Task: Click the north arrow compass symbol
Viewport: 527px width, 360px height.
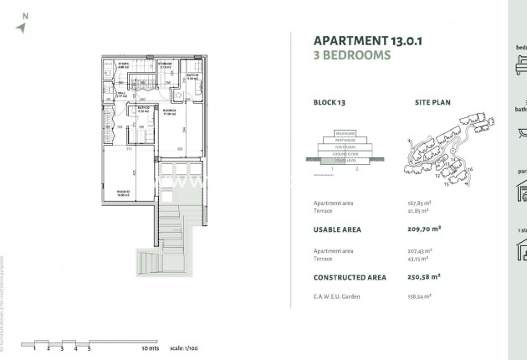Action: click(x=22, y=27)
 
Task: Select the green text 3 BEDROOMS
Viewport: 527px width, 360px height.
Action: click(x=351, y=56)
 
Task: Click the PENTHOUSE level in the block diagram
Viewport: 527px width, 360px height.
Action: click(x=346, y=139)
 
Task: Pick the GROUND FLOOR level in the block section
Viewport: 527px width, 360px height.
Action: click(x=346, y=153)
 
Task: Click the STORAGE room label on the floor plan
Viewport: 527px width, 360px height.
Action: click(x=165, y=64)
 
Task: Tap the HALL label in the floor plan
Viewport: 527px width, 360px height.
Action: click(x=120, y=94)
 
